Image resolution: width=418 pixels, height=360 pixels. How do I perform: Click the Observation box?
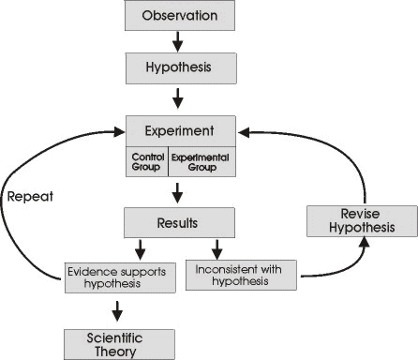coord(179,17)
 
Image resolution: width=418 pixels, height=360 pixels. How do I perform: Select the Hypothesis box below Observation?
coord(179,68)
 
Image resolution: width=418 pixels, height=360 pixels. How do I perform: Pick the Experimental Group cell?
coord(201,162)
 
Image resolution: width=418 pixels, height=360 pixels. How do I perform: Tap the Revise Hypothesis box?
coord(348,220)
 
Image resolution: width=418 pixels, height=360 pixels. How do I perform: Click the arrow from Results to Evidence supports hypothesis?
coord(141,250)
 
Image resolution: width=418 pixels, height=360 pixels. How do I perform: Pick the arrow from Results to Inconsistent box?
coord(218,250)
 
